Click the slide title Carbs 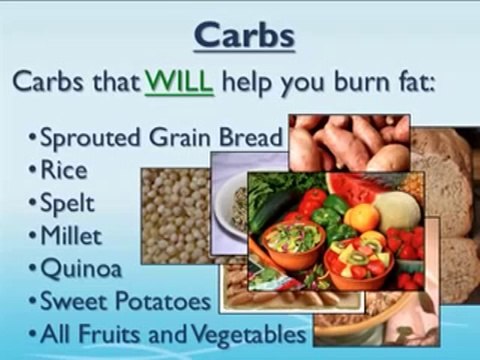click(243, 36)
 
